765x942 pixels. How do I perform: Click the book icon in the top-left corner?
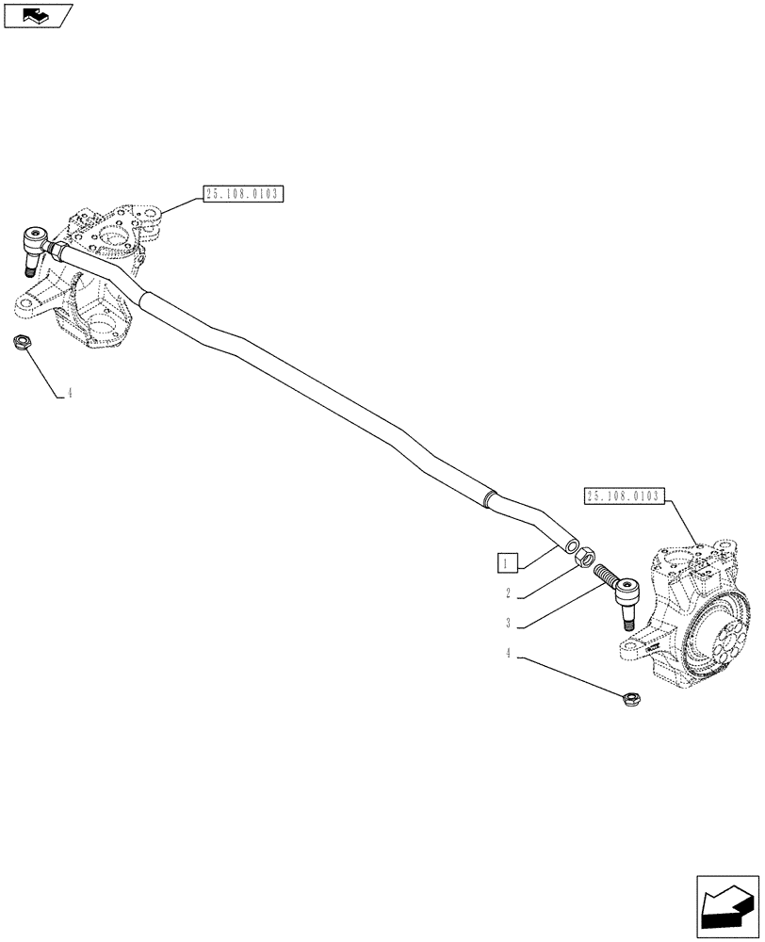pyautogui.click(x=37, y=14)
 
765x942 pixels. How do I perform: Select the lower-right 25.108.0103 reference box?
pyautogui.click(x=626, y=496)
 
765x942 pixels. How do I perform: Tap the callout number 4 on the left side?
pyautogui.click(x=68, y=393)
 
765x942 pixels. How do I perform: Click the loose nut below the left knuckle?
pyautogui.click(x=22, y=342)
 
